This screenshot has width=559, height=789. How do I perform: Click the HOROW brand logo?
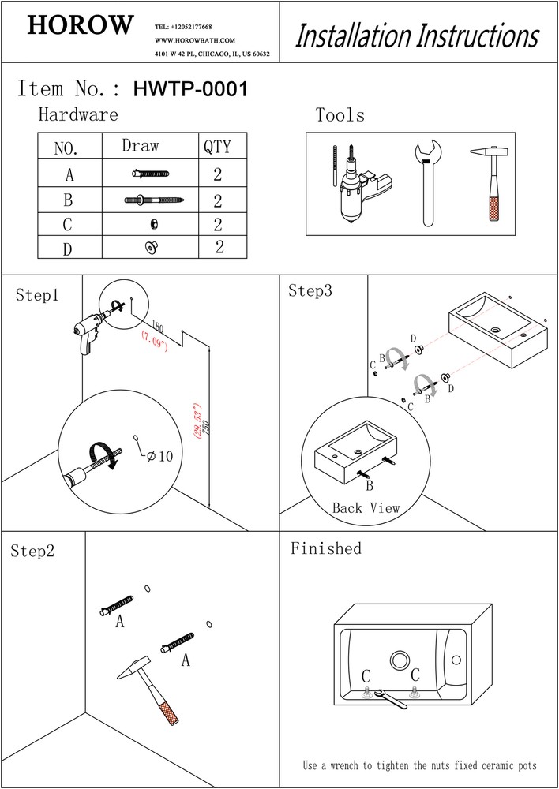pyautogui.click(x=80, y=26)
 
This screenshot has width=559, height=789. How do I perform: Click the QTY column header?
pyautogui.click(x=217, y=147)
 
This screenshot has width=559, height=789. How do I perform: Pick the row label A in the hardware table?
pyautogui.click(x=69, y=174)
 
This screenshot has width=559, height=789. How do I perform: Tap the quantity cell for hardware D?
pyautogui.click(x=219, y=247)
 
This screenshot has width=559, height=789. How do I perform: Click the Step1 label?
pyautogui.click(x=37, y=296)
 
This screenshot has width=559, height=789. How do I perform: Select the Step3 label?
pyautogui.click(x=310, y=290)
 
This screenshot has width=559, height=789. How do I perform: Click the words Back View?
pyautogui.click(x=366, y=509)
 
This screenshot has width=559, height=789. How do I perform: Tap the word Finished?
pyautogui.click(x=325, y=548)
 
